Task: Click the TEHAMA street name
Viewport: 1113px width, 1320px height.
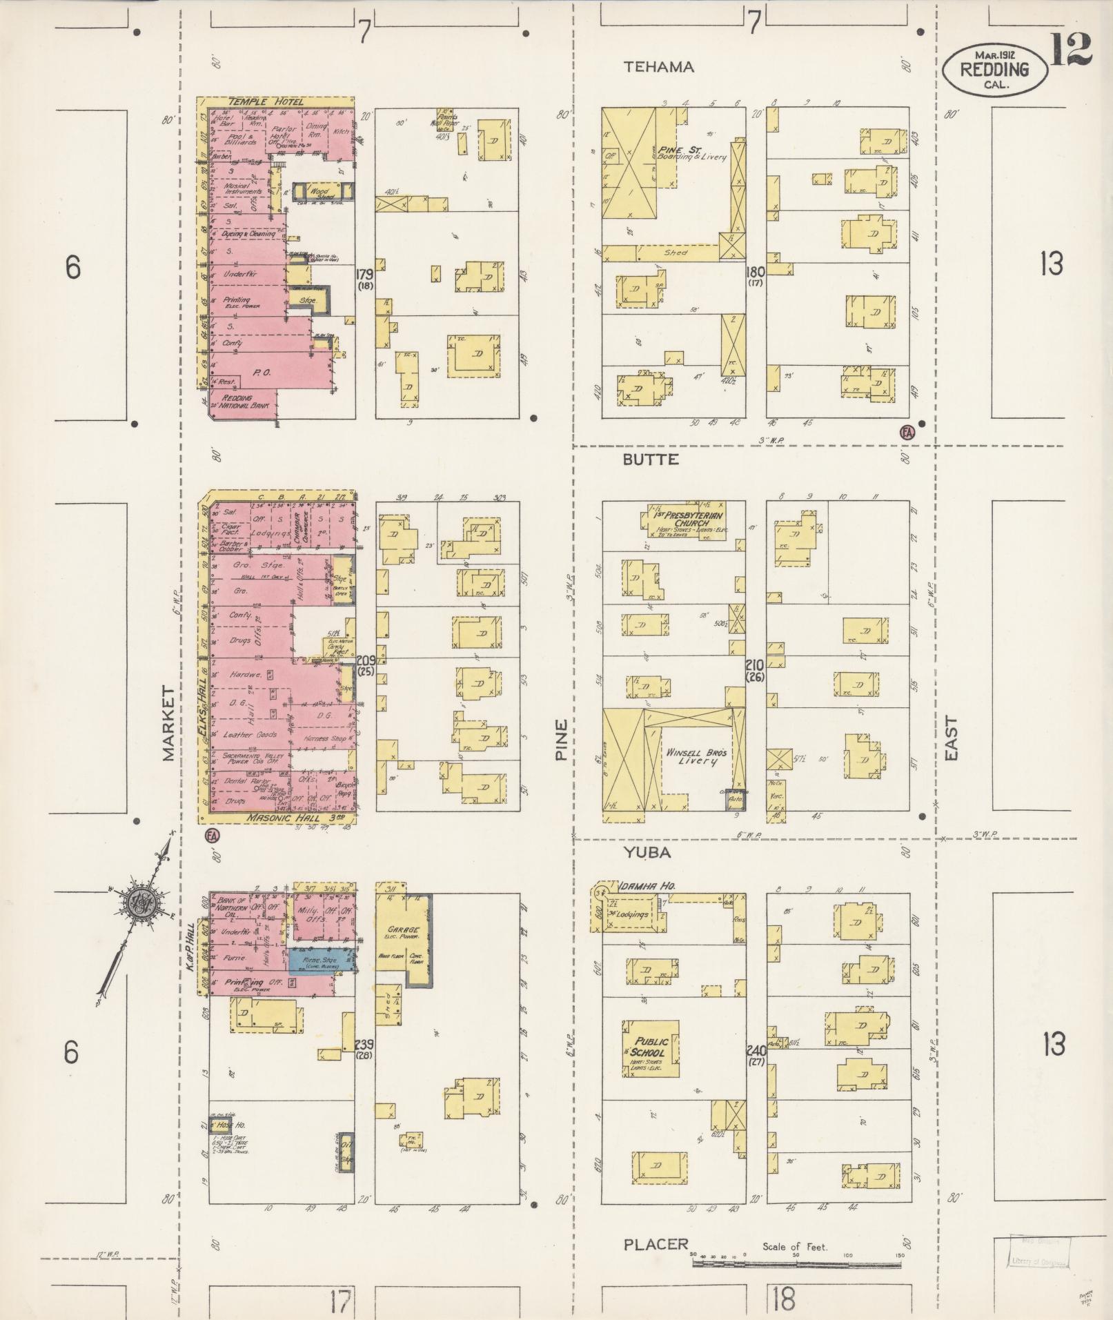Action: [658, 67]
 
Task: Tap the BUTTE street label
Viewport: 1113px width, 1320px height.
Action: [651, 460]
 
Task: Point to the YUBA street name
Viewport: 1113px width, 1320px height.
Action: [647, 853]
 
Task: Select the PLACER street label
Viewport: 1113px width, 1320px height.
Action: [656, 1244]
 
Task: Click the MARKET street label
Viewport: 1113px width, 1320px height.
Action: [169, 723]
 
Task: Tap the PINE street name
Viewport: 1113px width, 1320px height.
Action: [562, 740]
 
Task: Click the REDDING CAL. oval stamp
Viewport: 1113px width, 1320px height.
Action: [994, 70]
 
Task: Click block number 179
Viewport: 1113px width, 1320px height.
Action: [365, 274]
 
